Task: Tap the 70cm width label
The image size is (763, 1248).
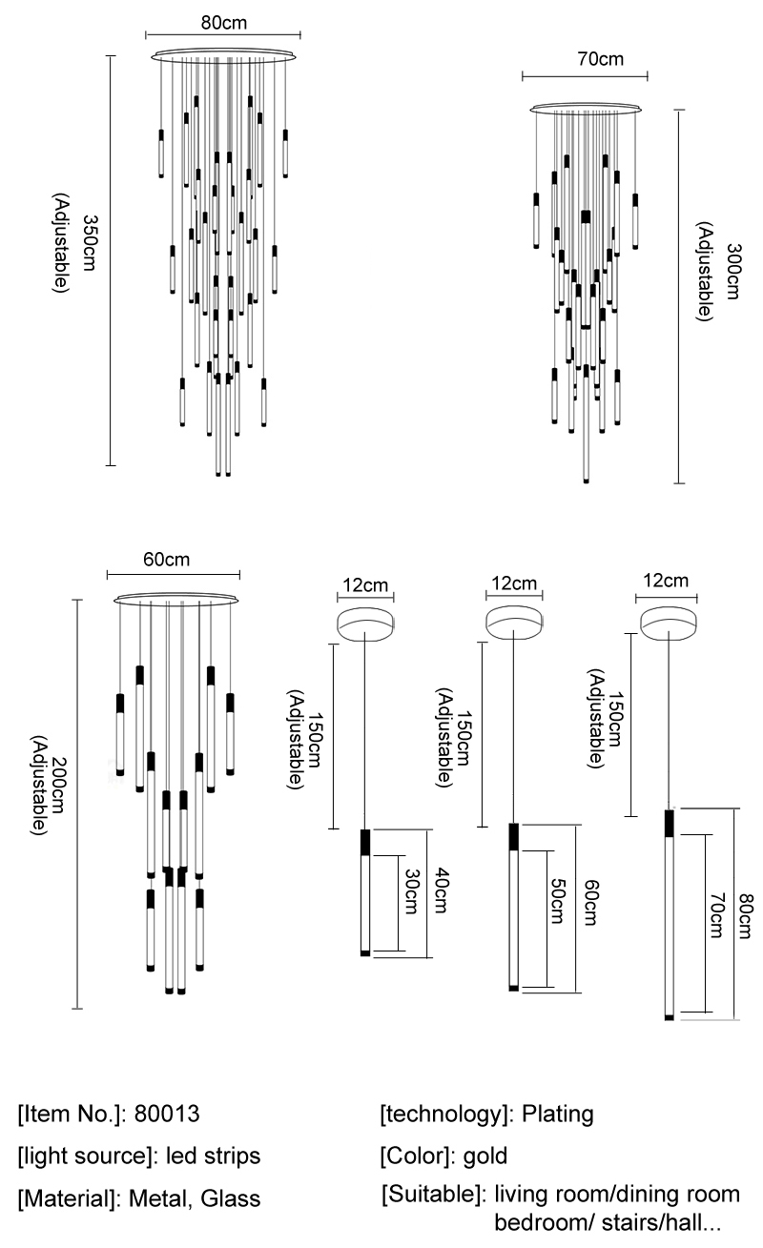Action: [x=600, y=59]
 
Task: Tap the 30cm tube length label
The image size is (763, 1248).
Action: [x=411, y=893]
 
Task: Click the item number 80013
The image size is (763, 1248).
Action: [x=168, y=1114]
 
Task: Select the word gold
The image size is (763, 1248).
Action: [x=485, y=1156]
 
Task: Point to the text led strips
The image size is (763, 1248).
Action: [x=213, y=1156]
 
